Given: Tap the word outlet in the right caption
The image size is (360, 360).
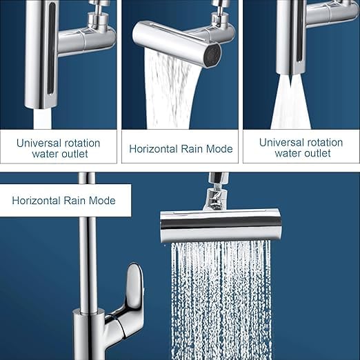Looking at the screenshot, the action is coord(318,153).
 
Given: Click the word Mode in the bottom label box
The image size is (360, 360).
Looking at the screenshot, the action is coord(102,201).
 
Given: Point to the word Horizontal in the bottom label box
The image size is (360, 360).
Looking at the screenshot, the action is coord(36,201).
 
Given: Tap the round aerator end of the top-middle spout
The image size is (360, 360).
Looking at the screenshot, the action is coord(212,55).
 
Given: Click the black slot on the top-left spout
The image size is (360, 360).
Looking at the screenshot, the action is coord(51,48).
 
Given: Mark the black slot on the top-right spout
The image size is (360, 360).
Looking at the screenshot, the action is coord(299,32).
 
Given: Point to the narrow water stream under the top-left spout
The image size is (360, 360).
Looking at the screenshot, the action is coord(43,119).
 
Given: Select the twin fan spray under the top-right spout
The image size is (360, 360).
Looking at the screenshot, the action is coord(291,102).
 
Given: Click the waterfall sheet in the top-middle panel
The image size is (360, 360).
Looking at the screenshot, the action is coord(170,90).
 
